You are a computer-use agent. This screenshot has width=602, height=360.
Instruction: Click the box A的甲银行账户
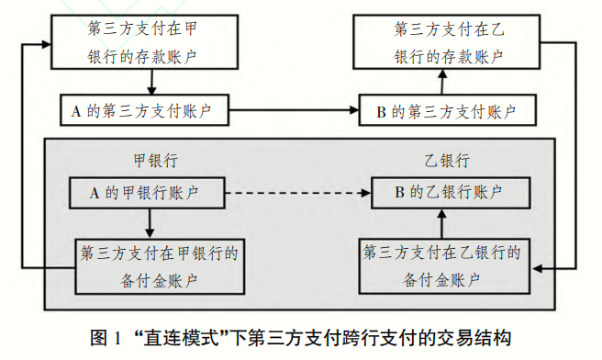(x=147, y=193)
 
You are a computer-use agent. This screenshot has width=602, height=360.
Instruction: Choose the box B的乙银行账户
(x=447, y=193)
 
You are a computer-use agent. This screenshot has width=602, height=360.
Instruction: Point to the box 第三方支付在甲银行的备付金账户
(x=147, y=264)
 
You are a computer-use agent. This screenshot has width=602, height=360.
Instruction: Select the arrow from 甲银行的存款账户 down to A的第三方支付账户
(x=146, y=83)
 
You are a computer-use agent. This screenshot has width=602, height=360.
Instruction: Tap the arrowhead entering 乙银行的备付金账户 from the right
(x=538, y=267)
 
